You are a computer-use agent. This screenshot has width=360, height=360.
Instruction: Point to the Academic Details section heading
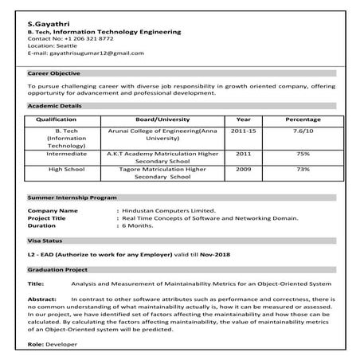coord(54,106)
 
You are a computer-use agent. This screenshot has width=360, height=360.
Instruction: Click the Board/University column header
coord(163,119)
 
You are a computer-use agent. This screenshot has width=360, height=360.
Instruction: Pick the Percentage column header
coord(303,119)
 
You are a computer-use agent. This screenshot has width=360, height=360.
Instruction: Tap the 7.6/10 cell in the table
coord(303,128)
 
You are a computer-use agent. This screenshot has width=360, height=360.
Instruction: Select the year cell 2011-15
coord(244,128)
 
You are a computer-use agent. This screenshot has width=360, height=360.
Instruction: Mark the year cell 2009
coord(244,169)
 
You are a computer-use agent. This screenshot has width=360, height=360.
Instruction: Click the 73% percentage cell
coord(303,169)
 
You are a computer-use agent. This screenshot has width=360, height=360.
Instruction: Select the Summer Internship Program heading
coord(72,196)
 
